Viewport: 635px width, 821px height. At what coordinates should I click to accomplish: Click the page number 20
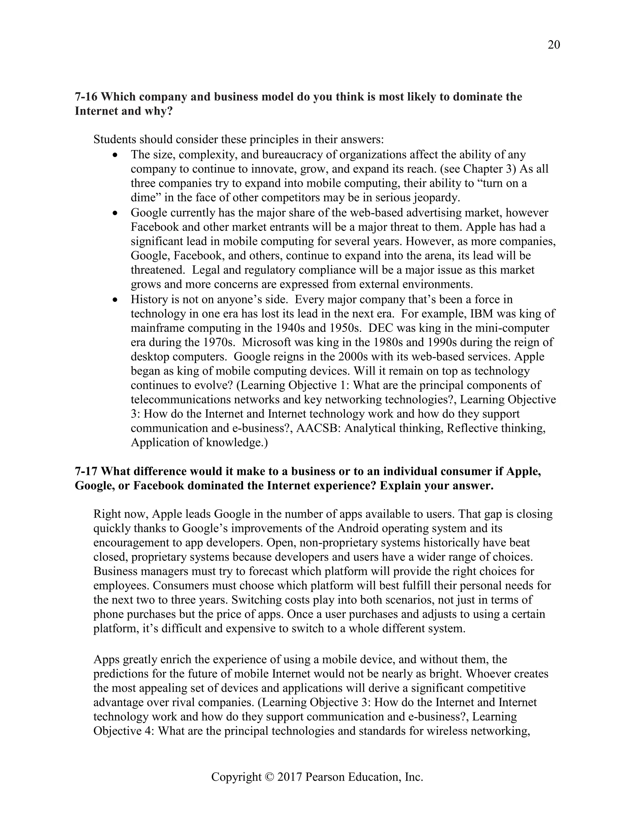click(x=554, y=45)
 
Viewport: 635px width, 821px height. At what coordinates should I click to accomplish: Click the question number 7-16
click(x=86, y=97)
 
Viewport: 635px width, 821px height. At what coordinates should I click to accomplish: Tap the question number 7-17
click(x=86, y=472)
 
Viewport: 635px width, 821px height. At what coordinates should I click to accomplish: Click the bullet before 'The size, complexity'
click(x=115, y=155)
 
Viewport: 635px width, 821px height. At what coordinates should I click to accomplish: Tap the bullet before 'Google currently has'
click(x=115, y=213)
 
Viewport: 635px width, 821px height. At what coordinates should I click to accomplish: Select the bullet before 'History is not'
click(x=115, y=300)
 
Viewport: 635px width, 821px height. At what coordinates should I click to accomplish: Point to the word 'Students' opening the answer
click(x=115, y=140)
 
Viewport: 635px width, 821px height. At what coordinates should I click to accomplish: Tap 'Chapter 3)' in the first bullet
click(x=489, y=169)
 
